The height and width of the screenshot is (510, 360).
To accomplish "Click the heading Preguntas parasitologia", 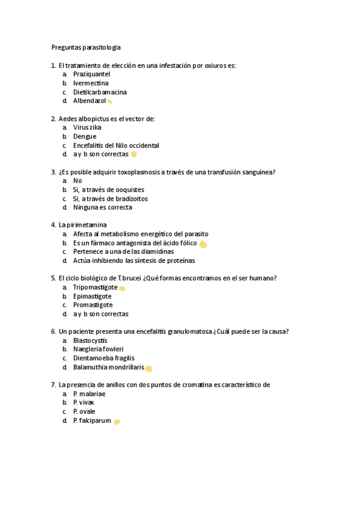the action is pos(85,47).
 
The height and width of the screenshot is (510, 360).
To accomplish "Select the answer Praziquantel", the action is pos(91,74).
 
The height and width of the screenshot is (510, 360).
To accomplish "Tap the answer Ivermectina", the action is pos(91,83).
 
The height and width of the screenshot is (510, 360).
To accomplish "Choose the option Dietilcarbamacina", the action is pos(100,92).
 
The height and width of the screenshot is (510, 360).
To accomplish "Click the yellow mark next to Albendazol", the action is pos(109,102).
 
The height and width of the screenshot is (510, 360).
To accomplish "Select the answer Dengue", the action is pos(85,137).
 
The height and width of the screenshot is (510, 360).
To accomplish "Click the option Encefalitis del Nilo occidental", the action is pos(116,146).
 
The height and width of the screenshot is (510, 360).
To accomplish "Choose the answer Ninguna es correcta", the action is pos(102,207).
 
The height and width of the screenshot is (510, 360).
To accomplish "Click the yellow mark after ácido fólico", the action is pos(203,244).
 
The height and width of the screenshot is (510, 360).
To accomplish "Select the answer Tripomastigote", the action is pos(95,287).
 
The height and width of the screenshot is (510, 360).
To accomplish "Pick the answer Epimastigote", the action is pos(92,296).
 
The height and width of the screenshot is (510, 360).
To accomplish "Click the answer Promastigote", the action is pos(93,305).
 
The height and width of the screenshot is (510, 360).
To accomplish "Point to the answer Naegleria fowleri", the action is pos(98,349).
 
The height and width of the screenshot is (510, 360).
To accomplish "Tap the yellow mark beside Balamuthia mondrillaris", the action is pos(148,368).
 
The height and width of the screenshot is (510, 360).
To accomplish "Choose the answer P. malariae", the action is pos(89,393).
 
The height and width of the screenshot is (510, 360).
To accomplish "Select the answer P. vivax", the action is pos(84,402).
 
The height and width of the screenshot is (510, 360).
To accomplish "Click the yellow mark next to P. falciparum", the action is pos(117,422).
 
